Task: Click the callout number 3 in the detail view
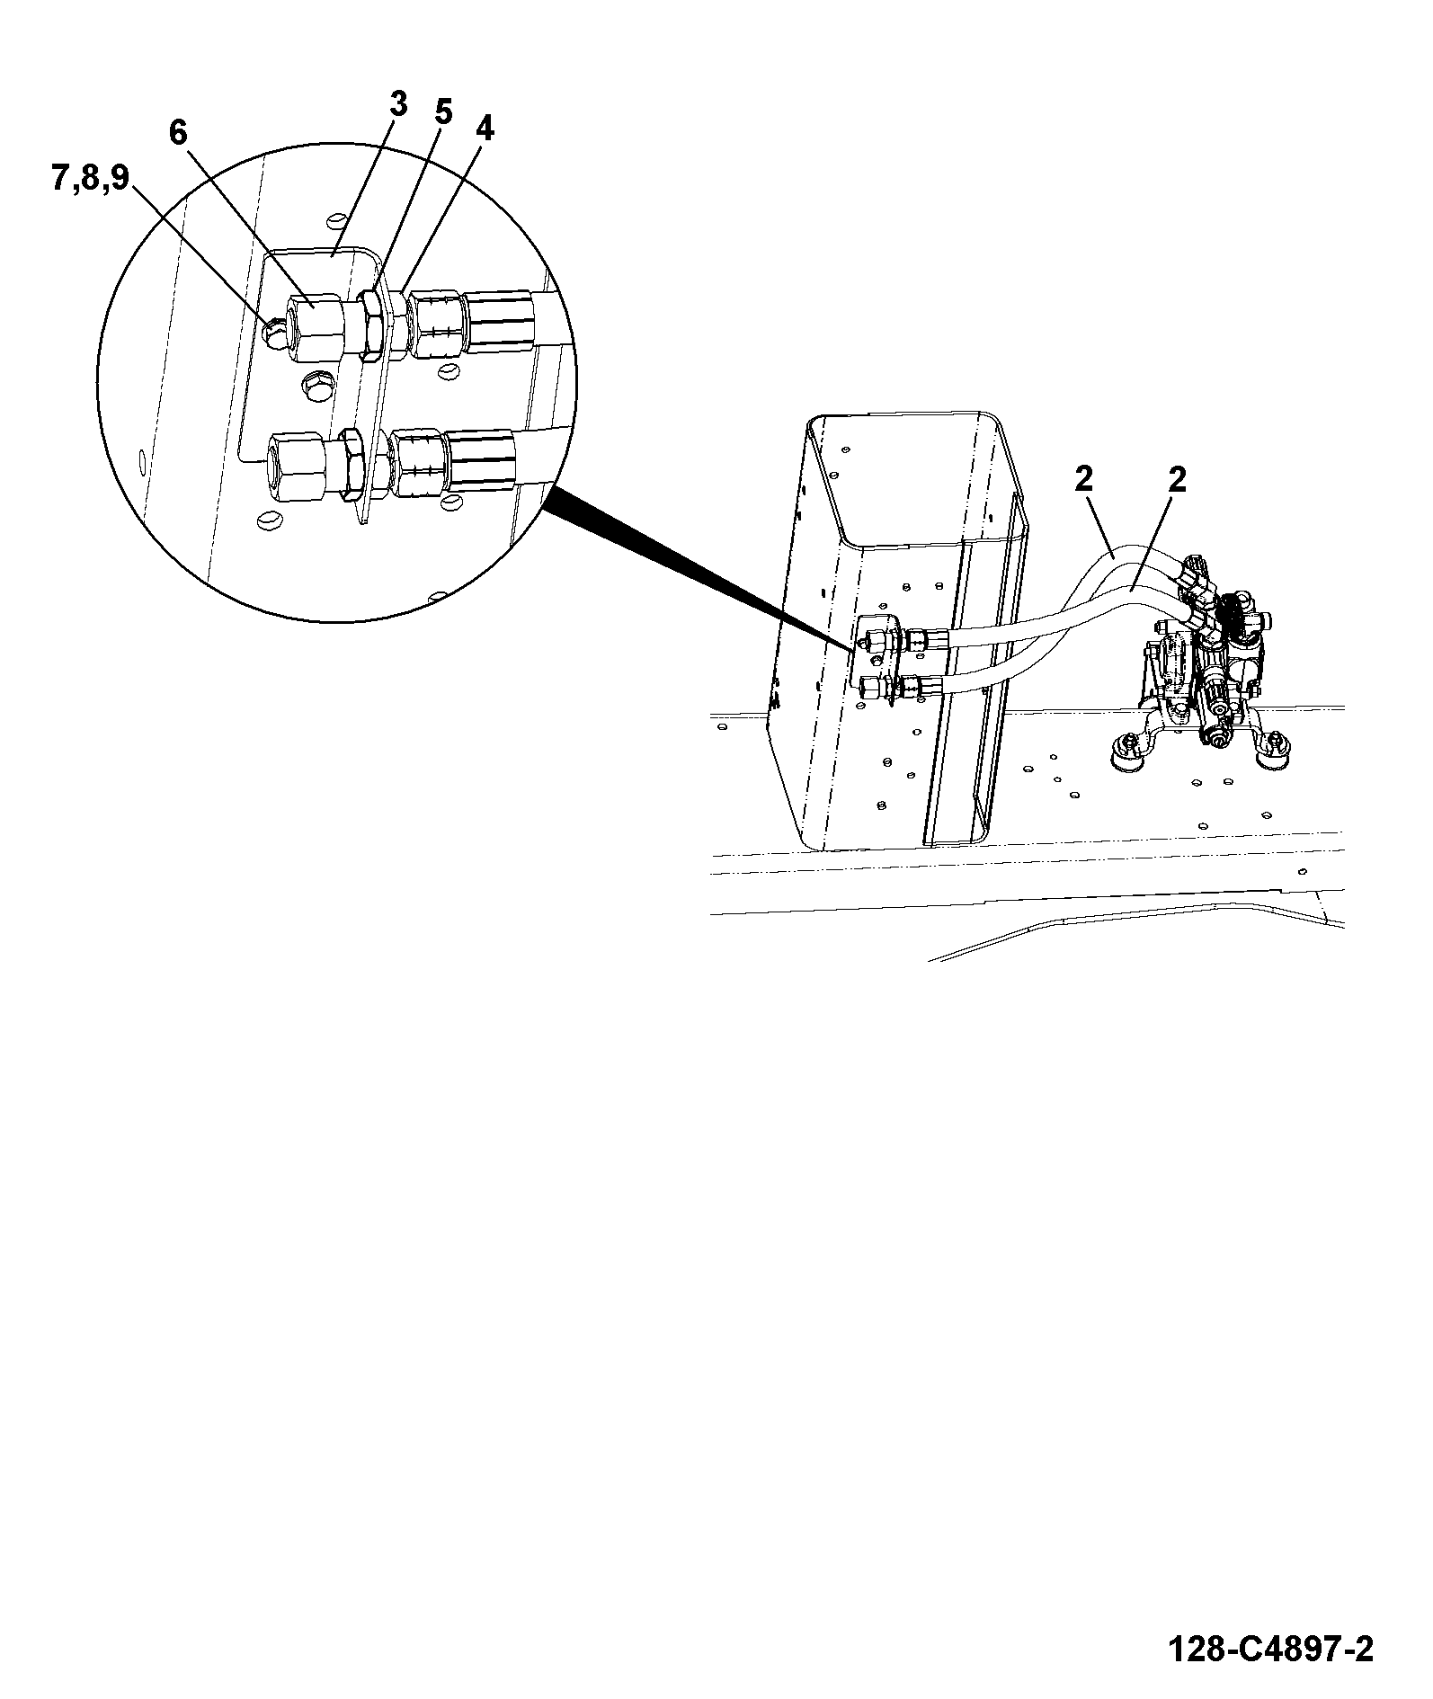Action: click(398, 105)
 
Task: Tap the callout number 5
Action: click(443, 112)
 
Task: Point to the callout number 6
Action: click(177, 133)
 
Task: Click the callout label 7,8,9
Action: click(90, 178)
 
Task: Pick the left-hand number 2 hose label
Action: click(1083, 479)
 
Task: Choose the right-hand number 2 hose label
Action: click(1176, 479)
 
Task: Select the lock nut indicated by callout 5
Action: click(370, 324)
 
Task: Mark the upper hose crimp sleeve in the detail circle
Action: click(501, 321)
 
